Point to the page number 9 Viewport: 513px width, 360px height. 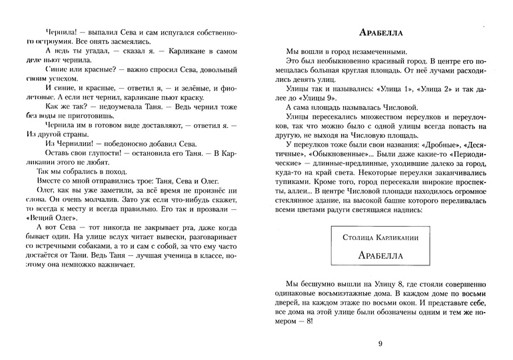tap(380, 344)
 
